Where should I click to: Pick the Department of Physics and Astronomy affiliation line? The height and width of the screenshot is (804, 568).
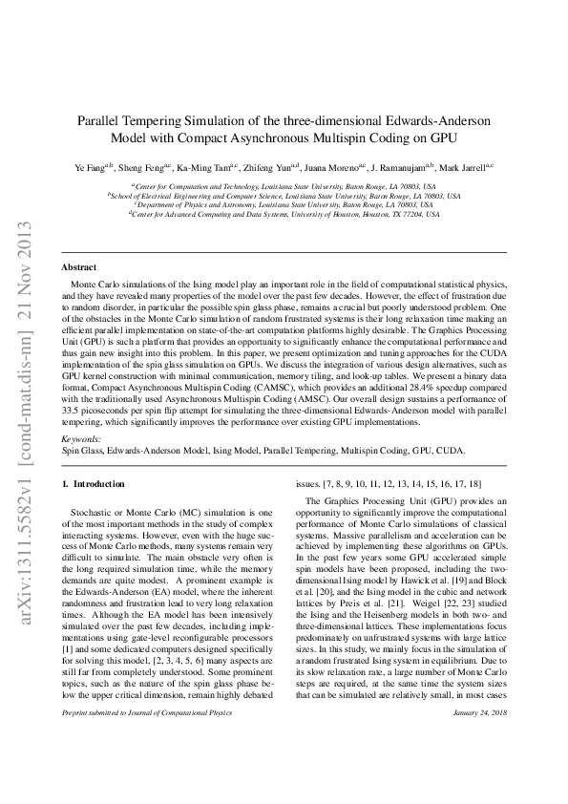[284, 204]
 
